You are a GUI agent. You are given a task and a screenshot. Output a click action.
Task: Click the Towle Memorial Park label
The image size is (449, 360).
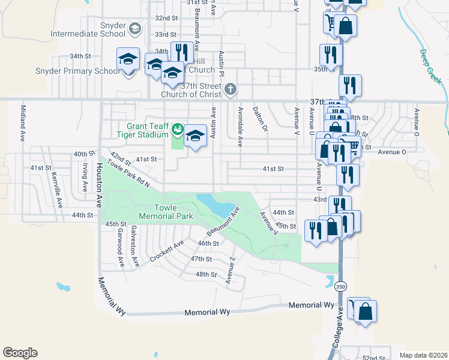(164, 211)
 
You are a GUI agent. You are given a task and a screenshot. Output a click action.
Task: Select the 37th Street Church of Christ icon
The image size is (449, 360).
(231, 90)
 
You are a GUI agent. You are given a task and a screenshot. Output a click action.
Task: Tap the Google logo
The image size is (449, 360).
(20, 353)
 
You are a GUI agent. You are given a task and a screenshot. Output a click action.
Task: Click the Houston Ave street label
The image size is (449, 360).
(97, 178)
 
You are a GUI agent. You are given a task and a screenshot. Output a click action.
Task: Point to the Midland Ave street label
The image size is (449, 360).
(23, 124)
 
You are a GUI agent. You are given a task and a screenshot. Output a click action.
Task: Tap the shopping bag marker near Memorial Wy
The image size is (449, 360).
(365, 311)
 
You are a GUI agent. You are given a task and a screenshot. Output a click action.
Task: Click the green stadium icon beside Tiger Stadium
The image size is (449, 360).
(177, 129)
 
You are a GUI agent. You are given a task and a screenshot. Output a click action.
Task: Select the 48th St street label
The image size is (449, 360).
(205, 274)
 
